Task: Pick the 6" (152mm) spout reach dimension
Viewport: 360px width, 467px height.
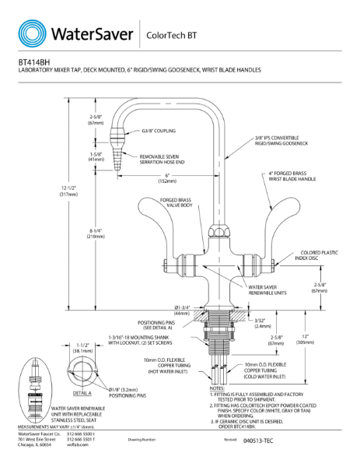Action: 166,178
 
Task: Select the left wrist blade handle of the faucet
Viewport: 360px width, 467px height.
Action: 161,220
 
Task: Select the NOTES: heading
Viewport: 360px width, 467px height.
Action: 217,387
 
